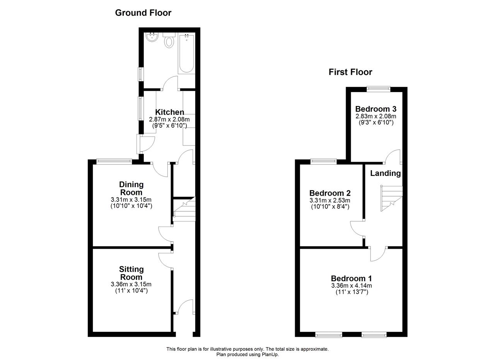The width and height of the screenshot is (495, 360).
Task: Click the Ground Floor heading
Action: pyautogui.click(x=143, y=13)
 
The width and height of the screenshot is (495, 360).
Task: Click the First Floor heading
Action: pyautogui.click(x=350, y=72)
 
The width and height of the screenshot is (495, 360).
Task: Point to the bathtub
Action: pyautogui.click(x=186, y=53)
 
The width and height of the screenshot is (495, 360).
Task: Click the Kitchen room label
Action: pyautogui.click(x=169, y=112)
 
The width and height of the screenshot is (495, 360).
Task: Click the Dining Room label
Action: pyautogui.click(x=131, y=188)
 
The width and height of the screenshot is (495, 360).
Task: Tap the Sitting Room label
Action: pyautogui.click(x=131, y=273)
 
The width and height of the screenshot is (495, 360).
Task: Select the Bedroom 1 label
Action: pyautogui.click(x=352, y=278)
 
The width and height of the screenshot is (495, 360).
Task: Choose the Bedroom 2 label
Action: pyautogui.click(x=330, y=193)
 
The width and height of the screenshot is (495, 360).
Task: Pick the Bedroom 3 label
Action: pyautogui.click(x=376, y=109)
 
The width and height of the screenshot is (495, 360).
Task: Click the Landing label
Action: pyautogui.click(x=386, y=173)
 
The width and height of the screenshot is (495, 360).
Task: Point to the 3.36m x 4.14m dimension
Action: pyautogui.click(x=352, y=285)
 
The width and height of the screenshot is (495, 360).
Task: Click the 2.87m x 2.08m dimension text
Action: pyautogui.click(x=169, y=119)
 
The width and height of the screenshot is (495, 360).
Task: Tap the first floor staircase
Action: pyautogui.click(x=391, y=198)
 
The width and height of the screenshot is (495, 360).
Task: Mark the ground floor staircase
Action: pyautogui.click(x=184, y=209)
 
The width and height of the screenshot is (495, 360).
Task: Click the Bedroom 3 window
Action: pyautogui.click(x=379, y=89)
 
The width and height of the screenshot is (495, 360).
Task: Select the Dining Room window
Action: pyautogui.click(x=114, y=162)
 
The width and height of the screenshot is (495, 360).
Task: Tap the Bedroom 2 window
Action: pyautogui.click(x=324, y=162)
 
